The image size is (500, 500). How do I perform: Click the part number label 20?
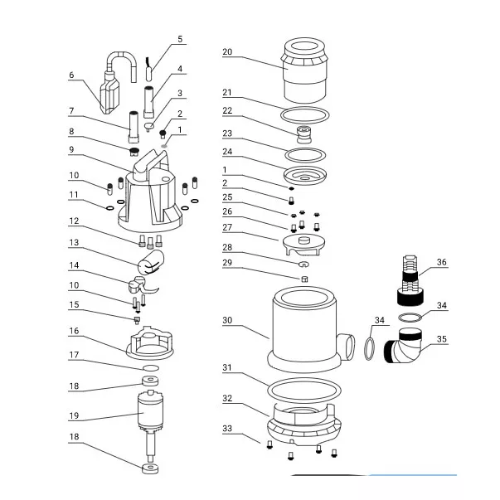(x=227, y=51)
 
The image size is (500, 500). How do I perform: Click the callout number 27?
(x=227, y=226)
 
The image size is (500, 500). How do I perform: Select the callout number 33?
(x=227, y=428)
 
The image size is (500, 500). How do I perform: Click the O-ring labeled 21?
(x=308, y=114)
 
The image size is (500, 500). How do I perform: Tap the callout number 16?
(x=74, y=330)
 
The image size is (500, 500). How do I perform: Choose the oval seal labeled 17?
(x=151, y=367)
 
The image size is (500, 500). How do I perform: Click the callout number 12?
(x=74, y=221)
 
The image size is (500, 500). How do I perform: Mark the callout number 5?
(x=180, y=39)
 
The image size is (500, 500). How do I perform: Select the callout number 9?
(x=72, y=149)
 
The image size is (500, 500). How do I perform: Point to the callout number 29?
(x=227, y=262)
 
